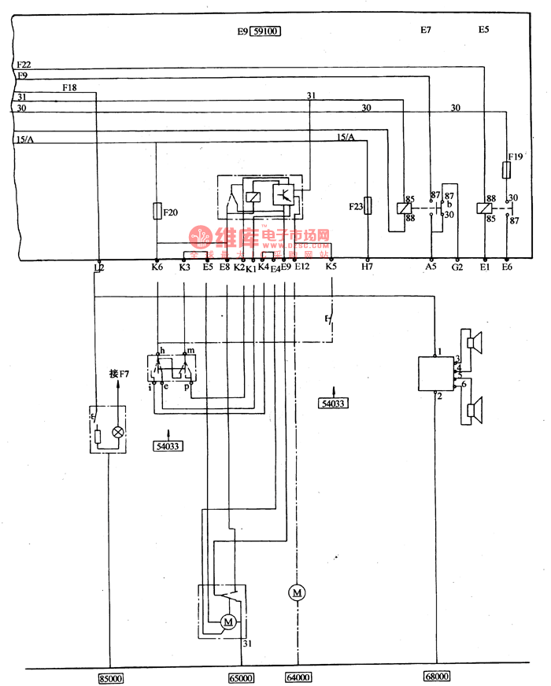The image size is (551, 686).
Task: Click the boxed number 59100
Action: coord(266,32)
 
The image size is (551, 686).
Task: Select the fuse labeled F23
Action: coord(367,207)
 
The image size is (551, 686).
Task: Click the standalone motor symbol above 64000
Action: coord(298,592)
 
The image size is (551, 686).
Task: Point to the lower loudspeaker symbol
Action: coord(474,410)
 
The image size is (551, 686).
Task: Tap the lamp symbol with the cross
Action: coord(118,432)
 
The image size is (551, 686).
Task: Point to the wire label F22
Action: coord(23,64)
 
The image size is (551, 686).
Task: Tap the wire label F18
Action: coord(69,88)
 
